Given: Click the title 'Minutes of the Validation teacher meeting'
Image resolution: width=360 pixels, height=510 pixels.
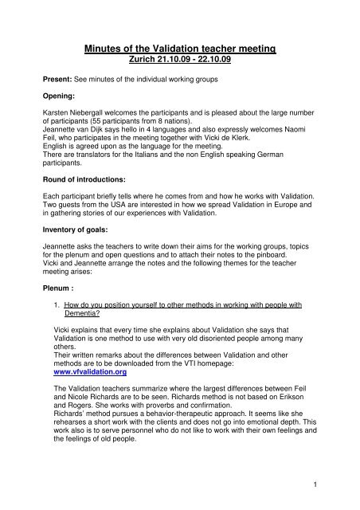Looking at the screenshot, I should [x=179, y=49].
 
